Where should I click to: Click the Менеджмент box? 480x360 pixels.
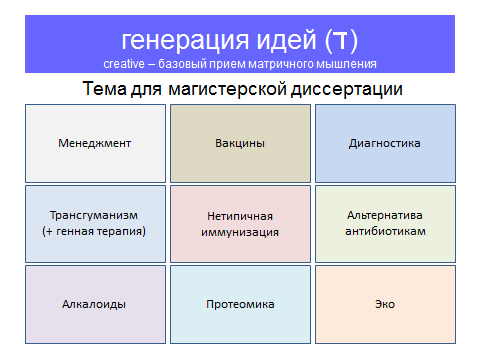click(95, 143)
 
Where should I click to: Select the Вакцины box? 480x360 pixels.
click(240, 143)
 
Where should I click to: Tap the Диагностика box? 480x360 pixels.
click(385, 143)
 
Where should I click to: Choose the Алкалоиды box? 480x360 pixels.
click(95, 304)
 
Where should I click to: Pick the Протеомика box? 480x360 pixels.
click(240, 304)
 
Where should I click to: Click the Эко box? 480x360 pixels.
click(385, 304)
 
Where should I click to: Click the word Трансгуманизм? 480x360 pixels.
click(94, 215)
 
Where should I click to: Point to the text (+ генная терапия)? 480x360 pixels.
click(94, 231)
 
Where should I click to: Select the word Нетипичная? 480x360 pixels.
click(240, 215)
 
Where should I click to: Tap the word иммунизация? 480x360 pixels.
click(240, 231)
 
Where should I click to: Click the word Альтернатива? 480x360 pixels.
click(385, 215)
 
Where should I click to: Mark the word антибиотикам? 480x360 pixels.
click(385, 231)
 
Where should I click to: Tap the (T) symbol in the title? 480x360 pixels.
click(342, 40)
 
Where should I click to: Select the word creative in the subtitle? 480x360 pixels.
click(124, 64)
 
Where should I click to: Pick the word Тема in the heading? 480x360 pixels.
click(103, 89)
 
